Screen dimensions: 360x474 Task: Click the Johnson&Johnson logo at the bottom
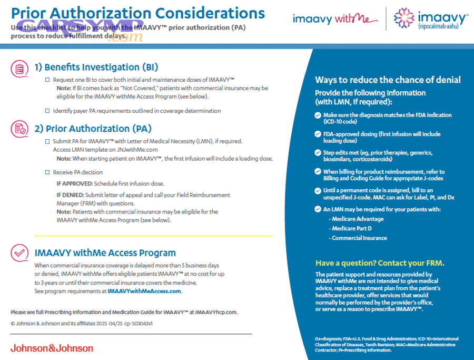(52, 348)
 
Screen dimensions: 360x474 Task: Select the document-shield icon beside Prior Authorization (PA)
(19, 129)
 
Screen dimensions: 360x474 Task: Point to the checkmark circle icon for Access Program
(19, 253)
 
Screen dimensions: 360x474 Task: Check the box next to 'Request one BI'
(46, 80)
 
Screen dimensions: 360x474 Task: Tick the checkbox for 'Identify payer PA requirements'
(46, 111)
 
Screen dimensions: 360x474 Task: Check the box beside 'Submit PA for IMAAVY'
(46, 141)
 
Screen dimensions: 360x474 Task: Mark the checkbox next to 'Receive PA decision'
(46, 172)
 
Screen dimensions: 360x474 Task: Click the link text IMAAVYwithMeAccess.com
(144, 291)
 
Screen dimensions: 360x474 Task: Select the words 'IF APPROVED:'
(73, 183)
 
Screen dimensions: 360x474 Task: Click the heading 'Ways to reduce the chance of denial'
(388, 80)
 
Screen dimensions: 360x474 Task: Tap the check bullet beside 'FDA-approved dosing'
(317, 134)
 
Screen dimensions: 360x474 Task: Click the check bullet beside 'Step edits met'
(317, 152)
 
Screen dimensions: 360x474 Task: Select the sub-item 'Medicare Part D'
(351, 228)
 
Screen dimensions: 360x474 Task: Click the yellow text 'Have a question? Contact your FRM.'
(380, 263)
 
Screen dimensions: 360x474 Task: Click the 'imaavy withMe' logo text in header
(335, 20)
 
